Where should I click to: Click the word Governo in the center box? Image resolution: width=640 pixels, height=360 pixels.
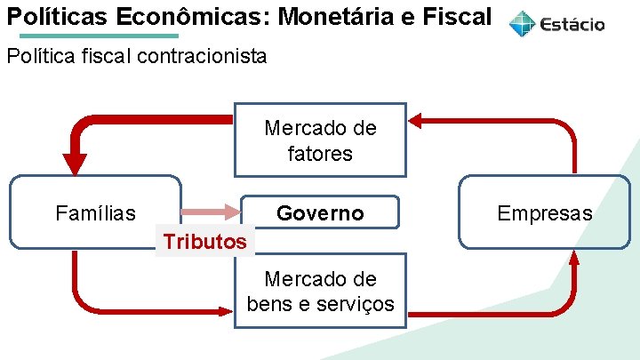coord(320,213)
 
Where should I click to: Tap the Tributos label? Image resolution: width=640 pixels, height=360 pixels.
coord(204,241)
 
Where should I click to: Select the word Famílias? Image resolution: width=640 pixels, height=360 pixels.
coord(95,213)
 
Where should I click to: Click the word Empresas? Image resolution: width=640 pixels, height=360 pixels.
coord(544,213)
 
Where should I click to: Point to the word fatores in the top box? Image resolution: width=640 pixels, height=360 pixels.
coord(320,154)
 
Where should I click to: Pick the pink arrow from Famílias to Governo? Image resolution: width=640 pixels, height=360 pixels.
coord(210,212)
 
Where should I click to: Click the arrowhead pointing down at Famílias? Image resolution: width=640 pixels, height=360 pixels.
coord(76,164)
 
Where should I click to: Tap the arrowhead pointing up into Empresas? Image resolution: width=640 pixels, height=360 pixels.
coord(574,258)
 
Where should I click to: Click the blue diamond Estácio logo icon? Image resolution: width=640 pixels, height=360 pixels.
coord(523,24)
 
